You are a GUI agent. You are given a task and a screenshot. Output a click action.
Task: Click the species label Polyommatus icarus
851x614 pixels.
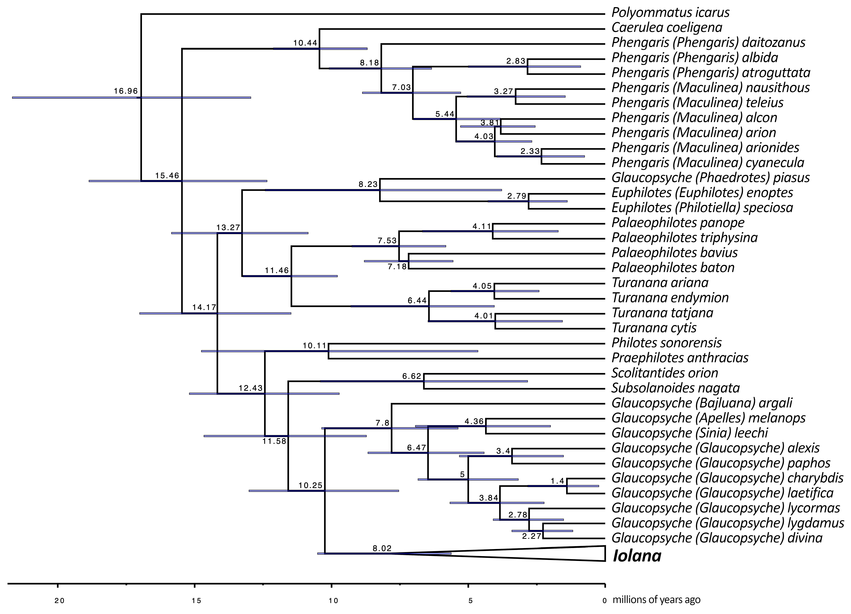coord(670,12)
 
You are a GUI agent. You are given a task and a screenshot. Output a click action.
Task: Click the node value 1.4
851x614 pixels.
coord(557,481)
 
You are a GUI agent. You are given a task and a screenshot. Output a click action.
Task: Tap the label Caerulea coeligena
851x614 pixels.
coord(666,27)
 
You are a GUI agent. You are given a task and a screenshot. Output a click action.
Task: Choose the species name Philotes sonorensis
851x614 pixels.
coord(666,342)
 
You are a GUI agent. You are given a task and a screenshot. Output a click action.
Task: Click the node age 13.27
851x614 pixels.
coord(228,227)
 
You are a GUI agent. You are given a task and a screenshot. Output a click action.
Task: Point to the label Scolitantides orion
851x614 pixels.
coord(665,372)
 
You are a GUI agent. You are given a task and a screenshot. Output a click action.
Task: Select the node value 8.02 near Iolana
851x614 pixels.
coord(382,548)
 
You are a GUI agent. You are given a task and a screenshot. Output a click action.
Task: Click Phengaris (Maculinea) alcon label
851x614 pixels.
coord(694,117)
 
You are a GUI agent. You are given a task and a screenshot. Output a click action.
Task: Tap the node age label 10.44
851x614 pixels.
coord(305,43)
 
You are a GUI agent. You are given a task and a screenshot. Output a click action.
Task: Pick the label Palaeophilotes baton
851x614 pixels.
coord(673,267)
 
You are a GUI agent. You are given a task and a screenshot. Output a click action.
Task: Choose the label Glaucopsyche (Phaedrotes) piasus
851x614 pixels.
coord(710,177)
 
